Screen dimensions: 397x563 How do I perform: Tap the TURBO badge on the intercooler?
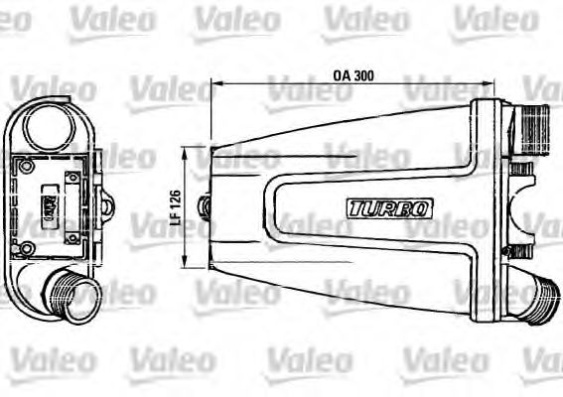click(390, 208)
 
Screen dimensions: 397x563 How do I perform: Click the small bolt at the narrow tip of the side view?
click(206, 206)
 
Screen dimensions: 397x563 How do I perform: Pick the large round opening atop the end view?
click(47, 126)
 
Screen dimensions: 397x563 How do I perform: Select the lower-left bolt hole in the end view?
click(28, 247)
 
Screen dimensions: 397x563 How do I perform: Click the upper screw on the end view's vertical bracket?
click(72, 179)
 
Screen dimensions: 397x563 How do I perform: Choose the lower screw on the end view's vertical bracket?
click(72, 233)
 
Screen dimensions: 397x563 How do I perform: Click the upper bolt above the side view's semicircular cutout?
click(519, 171)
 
